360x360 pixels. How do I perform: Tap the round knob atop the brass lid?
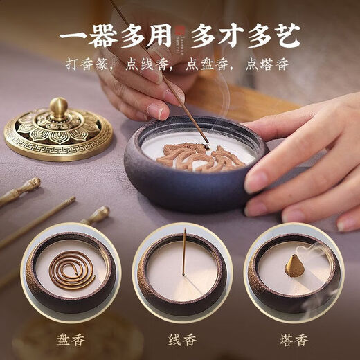(x=59, y=107)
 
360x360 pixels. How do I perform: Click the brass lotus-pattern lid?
(x=58, y=132)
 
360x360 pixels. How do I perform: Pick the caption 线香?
(x=181, y=341)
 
